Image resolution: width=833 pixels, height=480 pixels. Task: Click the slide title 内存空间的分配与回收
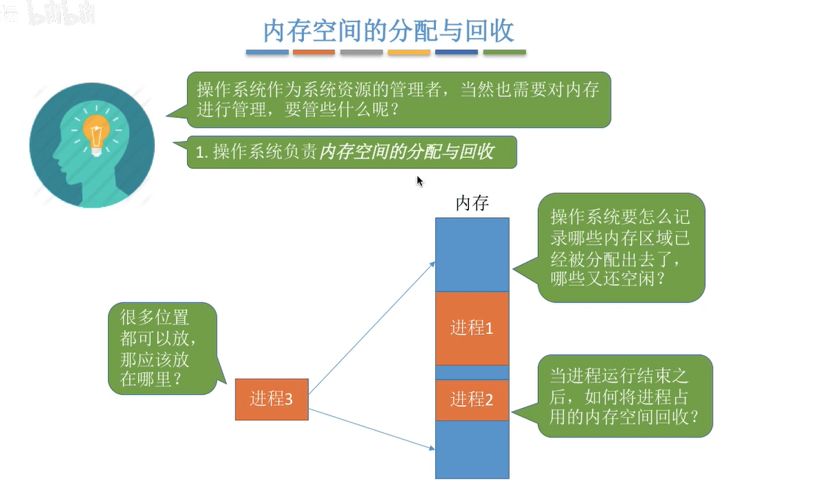tap(388, 30)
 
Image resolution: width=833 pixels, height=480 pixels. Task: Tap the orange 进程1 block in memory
tap(472, 328)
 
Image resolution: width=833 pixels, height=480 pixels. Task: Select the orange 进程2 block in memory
tap(472, 400)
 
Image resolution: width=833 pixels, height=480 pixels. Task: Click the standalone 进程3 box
tap(272, 399)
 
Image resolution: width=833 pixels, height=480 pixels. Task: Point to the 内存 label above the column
tap(472, 203)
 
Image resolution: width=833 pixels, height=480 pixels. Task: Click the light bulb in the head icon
tap(96, 132)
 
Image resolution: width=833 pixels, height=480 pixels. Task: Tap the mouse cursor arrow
tap(420, 181)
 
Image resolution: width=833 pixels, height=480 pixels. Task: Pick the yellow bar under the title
tap(409, 53)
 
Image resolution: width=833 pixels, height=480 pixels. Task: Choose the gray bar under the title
tap(361, 53)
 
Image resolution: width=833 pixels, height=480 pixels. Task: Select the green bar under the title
tap(504, 53)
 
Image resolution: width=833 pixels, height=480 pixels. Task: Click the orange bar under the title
tap(314, 53)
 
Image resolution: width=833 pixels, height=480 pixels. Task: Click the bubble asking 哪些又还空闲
tap(621, 247)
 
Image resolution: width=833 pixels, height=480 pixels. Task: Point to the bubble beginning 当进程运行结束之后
tap(625, 396)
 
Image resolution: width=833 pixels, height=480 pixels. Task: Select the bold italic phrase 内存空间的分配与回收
tap(407, 152)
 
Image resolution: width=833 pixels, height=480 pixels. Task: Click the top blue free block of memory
tap(472, 254)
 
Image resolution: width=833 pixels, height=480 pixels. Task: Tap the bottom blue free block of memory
tap(472, 449)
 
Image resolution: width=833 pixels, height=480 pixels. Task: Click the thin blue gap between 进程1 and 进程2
tap(472, 372)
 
